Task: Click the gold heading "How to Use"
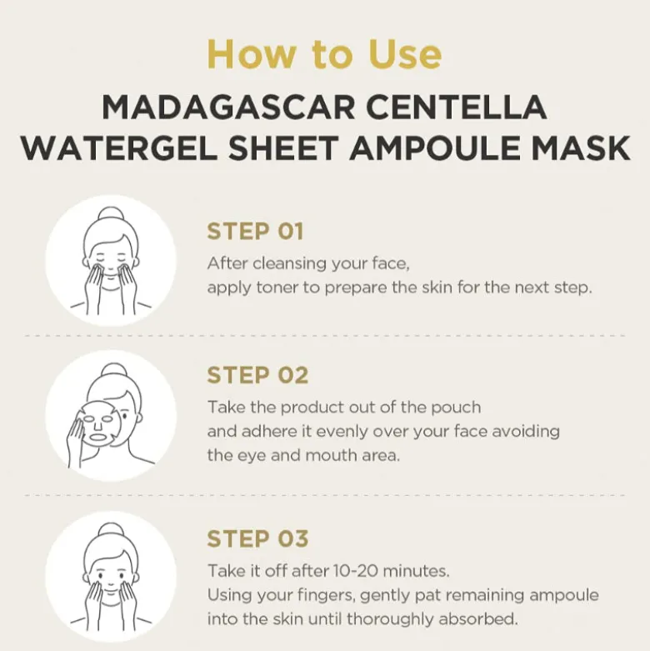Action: tap(325, 54)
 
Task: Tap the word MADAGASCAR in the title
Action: tap(228, 108)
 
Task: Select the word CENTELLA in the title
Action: tap(456, 108)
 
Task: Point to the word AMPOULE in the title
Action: tap(434, 148)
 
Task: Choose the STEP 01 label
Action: tap(255, 231)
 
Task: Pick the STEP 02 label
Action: tap(257, 375)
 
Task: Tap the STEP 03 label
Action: tap(257, 538)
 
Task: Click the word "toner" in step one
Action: tap(277, 288)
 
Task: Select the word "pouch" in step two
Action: tap(456, 408)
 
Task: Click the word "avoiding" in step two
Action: tap(526, 432)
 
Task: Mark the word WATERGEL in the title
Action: tap(118, 148)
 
